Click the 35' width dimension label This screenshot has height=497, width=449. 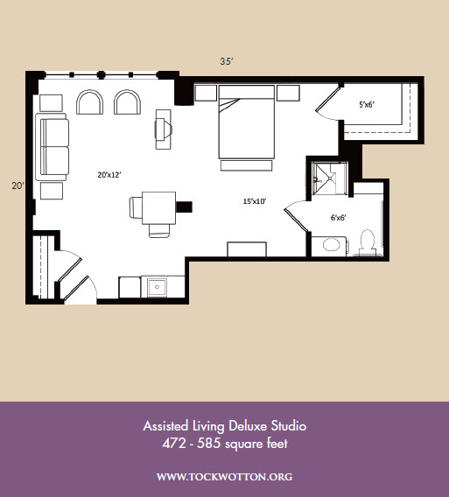[227, 61]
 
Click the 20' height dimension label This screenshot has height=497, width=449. [18, 185]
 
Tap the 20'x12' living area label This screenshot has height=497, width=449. [109, 175]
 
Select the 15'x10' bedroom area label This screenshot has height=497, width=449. [255, 201]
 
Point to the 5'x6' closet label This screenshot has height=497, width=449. [367, 105]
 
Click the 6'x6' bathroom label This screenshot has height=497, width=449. [339, 217]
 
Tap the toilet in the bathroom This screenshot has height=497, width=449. [368, 243]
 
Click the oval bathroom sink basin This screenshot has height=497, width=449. [332, 245]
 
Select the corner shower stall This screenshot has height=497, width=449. [330, 178]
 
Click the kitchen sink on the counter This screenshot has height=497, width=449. [157, 288]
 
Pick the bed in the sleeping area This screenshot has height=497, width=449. [246, 122]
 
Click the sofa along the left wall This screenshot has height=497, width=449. [52, 147]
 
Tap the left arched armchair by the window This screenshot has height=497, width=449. [90, 102]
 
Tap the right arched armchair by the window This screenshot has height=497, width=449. [128, 102]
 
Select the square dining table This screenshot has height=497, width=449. [159, 207]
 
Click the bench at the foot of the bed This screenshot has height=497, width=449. [246, 165]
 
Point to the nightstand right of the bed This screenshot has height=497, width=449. [288, 93]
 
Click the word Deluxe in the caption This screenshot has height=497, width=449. [248, 425]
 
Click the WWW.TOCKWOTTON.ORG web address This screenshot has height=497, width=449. [224, 477]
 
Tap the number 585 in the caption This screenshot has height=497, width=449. [208, 443]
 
